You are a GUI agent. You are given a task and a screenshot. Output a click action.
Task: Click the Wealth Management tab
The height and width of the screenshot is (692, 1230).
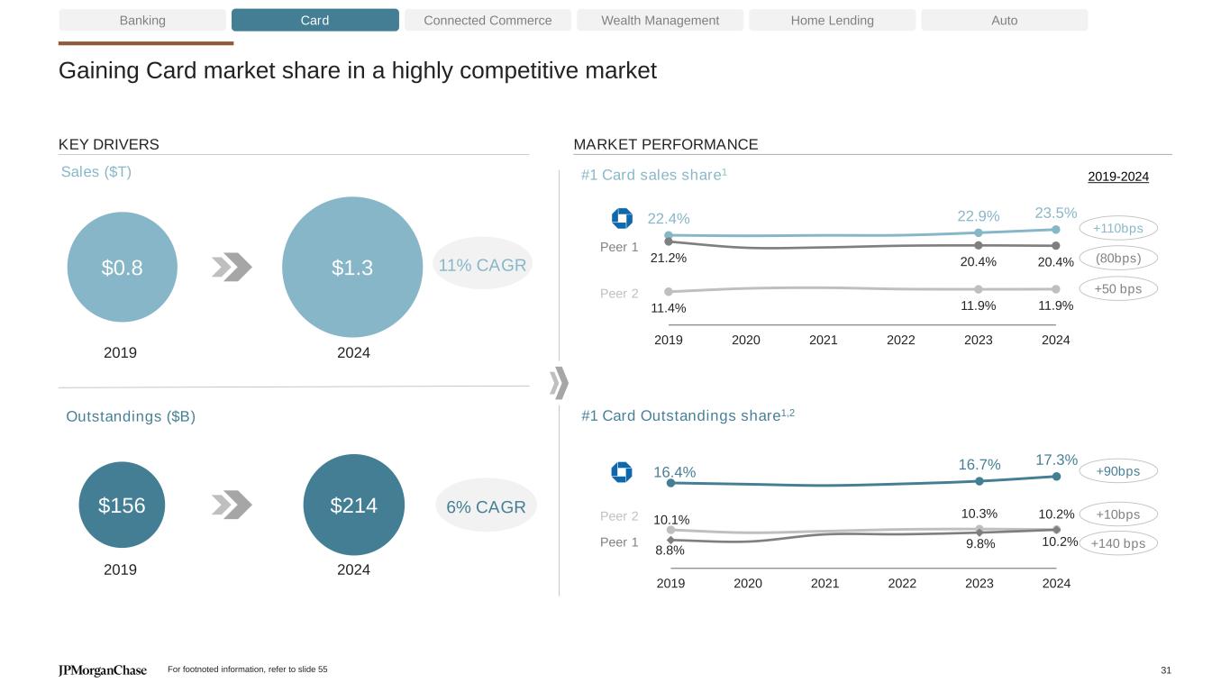click(660, 20)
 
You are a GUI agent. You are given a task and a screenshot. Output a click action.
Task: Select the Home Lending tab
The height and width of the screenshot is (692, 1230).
click(832, 20)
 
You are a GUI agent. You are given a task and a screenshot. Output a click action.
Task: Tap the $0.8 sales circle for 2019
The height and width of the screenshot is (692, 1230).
click(123, 267)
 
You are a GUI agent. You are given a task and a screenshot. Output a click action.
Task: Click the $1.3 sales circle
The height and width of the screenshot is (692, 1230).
click(352, 267)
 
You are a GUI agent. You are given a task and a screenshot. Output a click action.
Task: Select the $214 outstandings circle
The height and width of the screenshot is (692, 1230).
click(353, 505)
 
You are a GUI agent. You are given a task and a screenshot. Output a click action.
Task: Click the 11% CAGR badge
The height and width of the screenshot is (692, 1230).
click(482, 265)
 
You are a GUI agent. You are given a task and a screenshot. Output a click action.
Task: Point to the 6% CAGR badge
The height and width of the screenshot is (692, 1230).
click(486, 506)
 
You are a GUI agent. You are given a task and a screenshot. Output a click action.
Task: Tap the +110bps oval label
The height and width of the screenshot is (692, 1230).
click(1117, 229)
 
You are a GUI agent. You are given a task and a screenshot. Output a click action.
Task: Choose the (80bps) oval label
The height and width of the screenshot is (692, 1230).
click(1117, 259)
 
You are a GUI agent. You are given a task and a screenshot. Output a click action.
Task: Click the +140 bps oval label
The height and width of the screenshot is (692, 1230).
click(1117, 543)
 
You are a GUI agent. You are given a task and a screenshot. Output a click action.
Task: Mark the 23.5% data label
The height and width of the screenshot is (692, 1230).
click(1055, 213)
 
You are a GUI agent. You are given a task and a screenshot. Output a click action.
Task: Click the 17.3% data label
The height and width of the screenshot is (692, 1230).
click(1056, 460)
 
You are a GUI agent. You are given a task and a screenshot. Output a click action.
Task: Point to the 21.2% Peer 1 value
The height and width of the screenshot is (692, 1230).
click(668, 258)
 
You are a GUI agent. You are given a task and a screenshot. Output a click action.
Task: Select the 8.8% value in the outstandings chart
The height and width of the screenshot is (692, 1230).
click(670, 550)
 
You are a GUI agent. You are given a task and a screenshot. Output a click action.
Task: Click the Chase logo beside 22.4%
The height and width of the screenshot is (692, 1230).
click(622, 218)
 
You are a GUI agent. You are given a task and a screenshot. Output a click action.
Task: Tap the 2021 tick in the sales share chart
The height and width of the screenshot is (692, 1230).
click(824, 340)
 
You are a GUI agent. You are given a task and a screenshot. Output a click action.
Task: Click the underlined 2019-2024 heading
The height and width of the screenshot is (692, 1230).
click(1118, 177)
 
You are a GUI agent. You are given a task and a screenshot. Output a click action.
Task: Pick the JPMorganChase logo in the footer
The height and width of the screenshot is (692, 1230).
click(103, 670)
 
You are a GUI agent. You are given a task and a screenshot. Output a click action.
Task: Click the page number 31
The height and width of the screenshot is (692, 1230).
click(1166, 670)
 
